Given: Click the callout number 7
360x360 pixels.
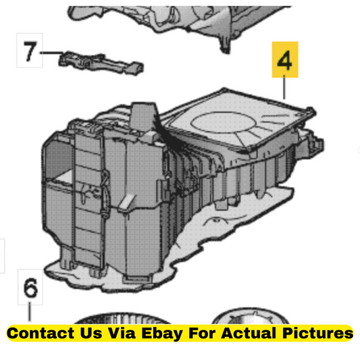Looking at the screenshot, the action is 30,51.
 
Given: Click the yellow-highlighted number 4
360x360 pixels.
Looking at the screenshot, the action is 285,60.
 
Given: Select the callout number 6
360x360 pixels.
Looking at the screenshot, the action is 30,287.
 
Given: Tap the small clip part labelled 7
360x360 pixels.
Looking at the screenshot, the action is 101,62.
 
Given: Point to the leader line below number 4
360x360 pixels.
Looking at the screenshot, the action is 284,87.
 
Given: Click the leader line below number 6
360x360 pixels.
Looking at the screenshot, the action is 30,311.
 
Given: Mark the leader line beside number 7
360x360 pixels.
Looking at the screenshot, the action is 51,53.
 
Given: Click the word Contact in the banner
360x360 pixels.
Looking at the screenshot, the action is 41,333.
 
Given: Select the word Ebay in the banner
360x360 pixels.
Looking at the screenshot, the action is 162,334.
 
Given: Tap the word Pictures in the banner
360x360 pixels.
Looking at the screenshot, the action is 317,333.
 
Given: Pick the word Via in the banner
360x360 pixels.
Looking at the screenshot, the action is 122,333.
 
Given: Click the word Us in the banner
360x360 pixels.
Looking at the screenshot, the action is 91,333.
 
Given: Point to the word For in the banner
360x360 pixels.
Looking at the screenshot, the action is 201,333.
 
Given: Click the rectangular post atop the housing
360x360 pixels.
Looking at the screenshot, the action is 142,116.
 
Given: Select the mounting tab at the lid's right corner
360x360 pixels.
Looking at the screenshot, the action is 311,111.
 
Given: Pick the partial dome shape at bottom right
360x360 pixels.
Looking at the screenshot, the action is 250,316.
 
